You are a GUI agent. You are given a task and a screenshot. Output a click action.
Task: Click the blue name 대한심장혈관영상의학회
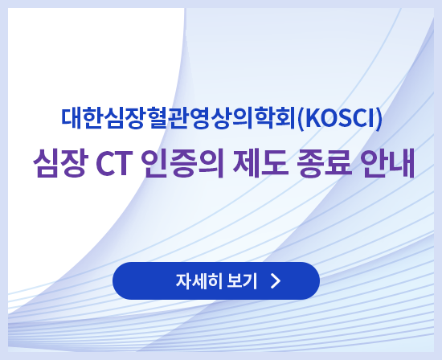pyautogui.click(x=178, y=119)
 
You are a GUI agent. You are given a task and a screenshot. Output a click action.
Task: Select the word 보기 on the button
pyautogui.click(x=243, y=281)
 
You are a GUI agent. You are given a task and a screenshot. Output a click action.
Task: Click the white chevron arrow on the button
pyautogui.click(x=276, y=281)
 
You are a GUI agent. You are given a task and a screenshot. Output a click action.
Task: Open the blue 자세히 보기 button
pyautogui.click(x=216, y=281)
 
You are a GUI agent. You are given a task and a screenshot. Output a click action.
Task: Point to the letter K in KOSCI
pyautogui.click(x=309, y=119)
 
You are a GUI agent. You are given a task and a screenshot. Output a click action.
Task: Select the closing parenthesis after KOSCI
pyautogui.click(x=378, y=119)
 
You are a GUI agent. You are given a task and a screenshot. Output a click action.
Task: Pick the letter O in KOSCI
pyautogui.click(x=324, y=119)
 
